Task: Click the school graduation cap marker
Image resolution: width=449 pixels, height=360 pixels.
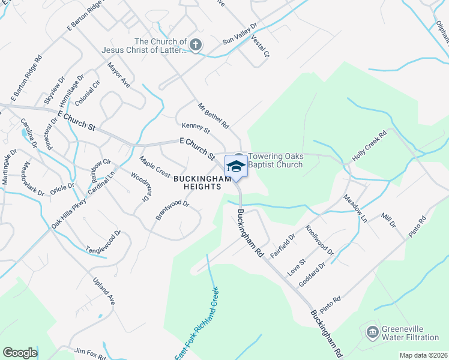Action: [236, 166]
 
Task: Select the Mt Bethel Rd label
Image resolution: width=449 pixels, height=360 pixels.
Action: [214, 116]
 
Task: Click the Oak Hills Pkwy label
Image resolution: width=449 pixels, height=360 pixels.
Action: [68, 213]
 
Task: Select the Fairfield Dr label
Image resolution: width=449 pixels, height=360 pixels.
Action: [283, 246]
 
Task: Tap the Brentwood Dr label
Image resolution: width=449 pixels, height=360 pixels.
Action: [172, 211]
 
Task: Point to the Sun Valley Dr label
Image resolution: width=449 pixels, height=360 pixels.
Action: [240, 35]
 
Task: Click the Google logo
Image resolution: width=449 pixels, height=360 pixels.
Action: [20, 353]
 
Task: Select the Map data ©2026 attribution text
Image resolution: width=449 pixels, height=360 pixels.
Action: [423, 355]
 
